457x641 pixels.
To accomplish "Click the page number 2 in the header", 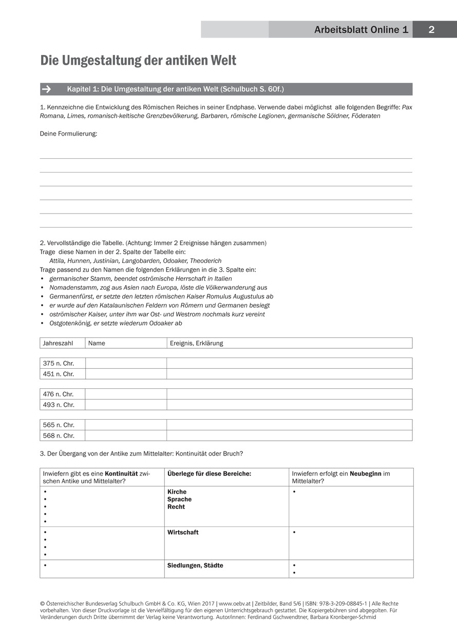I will (x=431, y=30).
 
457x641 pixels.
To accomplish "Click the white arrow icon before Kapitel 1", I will (x=47, y=89).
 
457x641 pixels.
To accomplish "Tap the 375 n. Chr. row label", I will (x=59, y=364).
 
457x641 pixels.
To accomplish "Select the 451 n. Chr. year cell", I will (x=59, y=374).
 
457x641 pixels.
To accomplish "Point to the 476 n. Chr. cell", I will (x=59, y=394).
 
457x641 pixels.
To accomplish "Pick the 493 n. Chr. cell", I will (x=59, y=405).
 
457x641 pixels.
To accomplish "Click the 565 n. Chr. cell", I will (x=59, y=425).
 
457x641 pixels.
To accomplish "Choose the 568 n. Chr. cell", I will (x=59, y=436).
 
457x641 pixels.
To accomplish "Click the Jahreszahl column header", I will (x=58, y=343).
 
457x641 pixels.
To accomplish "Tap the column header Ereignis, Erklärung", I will (x=197, y=343).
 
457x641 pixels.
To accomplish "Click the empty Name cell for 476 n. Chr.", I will (x=126, y=394).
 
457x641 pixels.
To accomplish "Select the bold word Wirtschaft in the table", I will (x=183, y=533).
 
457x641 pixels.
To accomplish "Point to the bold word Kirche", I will (x=177, y=492).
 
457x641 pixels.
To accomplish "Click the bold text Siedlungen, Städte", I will (x=195, y=565).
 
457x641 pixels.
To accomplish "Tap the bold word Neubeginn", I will (x=366, y=474).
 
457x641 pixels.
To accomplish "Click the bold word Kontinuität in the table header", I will (x=122, y=474).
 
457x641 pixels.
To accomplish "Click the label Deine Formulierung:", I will (x=68, y=134).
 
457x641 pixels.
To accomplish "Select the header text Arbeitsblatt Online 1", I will (x=361, y=30).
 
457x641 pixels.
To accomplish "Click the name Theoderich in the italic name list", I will (x=206, y=261).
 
